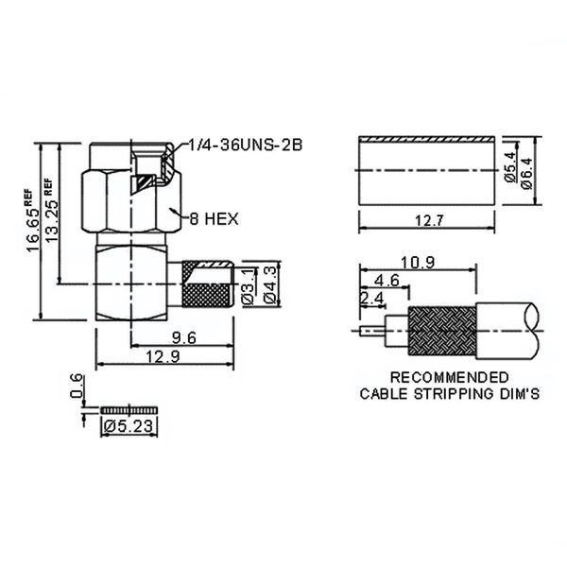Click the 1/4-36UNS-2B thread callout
[x=245, y=145]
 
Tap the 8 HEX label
[x=215, y=219]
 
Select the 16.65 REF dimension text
[x=32, y=220]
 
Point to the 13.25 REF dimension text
[x=50, y=211]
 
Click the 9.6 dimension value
[x=184, y=337]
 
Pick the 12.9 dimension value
[x=163, y=357]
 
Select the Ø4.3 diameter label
[x=271, y=284]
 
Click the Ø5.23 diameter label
[x=129, y=426]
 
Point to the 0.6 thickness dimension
[x=77, y=386]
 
